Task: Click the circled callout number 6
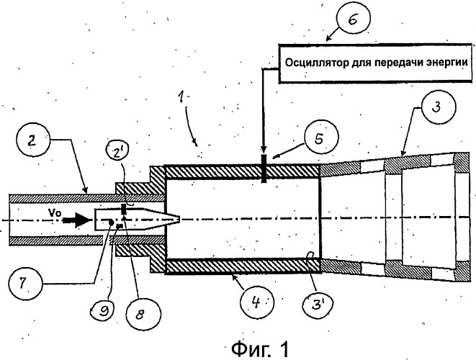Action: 352,19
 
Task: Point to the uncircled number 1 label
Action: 181,96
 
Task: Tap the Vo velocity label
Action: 55,213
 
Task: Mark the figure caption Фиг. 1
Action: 260,348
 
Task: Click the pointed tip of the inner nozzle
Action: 179,219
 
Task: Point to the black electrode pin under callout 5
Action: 264,168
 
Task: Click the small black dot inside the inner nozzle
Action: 112,222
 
